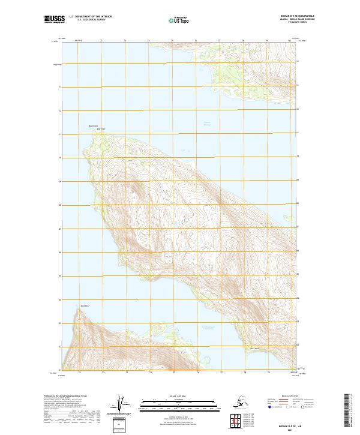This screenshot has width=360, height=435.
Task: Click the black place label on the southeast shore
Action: click(254, 349)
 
